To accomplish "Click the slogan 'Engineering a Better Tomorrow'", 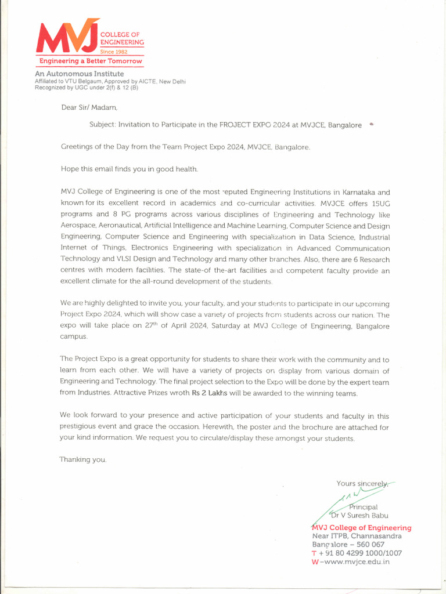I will click(90, 61).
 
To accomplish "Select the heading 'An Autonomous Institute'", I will click(79, 74).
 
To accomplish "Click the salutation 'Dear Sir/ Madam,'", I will click(89, 107).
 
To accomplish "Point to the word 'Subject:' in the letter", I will click(102, 125).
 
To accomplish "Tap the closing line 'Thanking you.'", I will click(83, 459).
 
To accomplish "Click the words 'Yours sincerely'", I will click(362, 483).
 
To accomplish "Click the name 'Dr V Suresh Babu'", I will click(359, 516).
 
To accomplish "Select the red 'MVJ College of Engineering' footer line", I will click(361, 528).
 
